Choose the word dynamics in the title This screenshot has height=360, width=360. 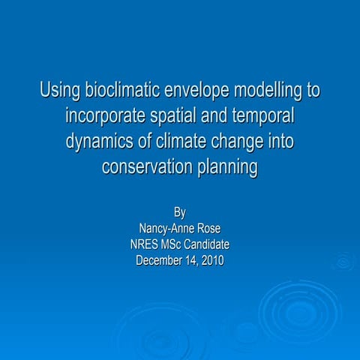pyautogui.click(x=99, y=143)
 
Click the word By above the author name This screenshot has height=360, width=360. pyautogui.click(x=180, y=212)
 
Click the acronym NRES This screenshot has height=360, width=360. pyautogui.click(x=145, y=244)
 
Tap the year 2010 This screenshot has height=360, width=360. pyautogui.click(x=211, y=260)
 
